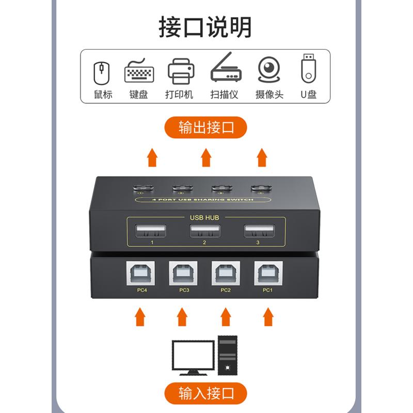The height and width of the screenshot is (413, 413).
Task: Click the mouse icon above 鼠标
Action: point(101,73)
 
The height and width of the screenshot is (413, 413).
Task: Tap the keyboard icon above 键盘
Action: point(139,71)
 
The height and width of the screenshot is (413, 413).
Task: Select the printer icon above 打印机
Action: point(181,71)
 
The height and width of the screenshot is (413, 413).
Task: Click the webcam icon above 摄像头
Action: point(268,70)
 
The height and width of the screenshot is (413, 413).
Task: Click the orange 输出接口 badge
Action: point(205,128)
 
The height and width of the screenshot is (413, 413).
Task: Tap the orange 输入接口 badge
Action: point(205,393)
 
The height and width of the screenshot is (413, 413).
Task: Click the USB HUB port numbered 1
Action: point(151,231)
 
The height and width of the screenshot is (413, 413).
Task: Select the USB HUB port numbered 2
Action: point(205,231)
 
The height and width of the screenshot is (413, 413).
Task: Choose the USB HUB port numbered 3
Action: point(259,231)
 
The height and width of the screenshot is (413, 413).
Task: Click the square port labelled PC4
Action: point(140,273)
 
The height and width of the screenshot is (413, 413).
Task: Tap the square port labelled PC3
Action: point(183,273)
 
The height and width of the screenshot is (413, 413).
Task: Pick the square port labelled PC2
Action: point(226,273)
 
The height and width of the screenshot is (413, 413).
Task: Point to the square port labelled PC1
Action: point(268,273)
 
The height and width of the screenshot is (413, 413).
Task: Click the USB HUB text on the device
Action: point(204,217)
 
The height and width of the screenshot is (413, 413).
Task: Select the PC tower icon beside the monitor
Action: point(228,355)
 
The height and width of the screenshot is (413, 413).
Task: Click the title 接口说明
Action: point(205,27)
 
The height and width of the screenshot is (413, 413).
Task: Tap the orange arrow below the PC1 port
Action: point(268,317)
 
